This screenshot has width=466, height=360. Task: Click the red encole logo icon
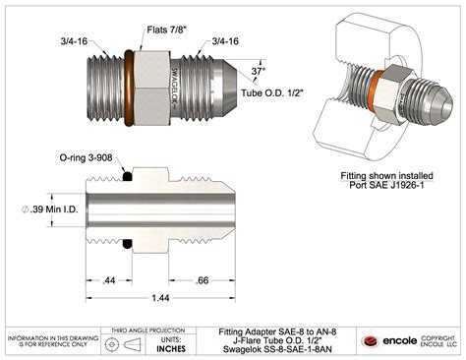coord(372,340)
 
